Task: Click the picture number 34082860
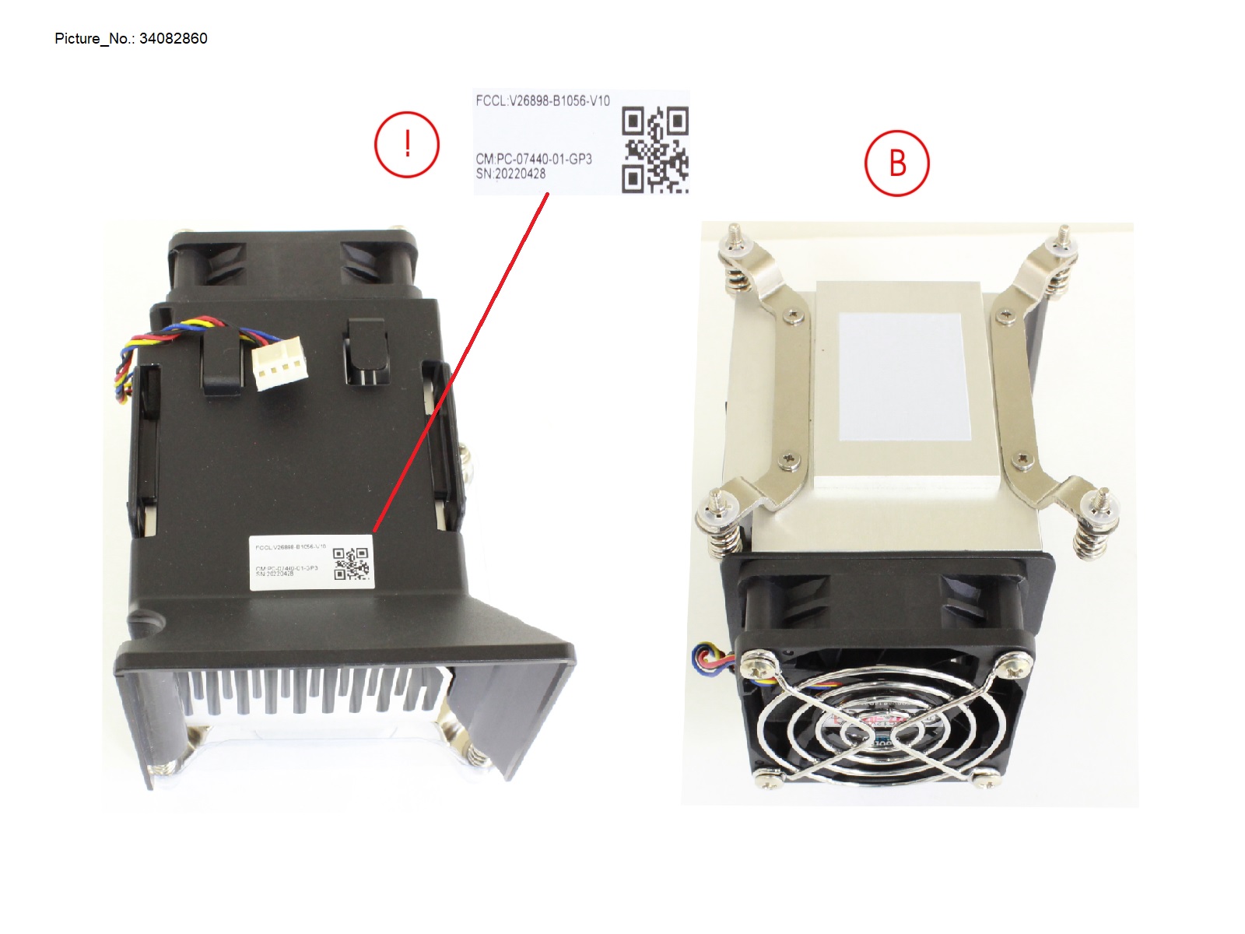[173, 39]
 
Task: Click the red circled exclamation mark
[407, 145]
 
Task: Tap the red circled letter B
[897, 163]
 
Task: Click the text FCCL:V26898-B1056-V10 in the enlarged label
[542, 101]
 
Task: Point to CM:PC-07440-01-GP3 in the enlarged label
[534, 159]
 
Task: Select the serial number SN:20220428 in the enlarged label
[510, 174]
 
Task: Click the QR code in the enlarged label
[654, 150]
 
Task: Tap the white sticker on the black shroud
[311, 561]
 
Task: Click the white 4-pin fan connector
[279, 367]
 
